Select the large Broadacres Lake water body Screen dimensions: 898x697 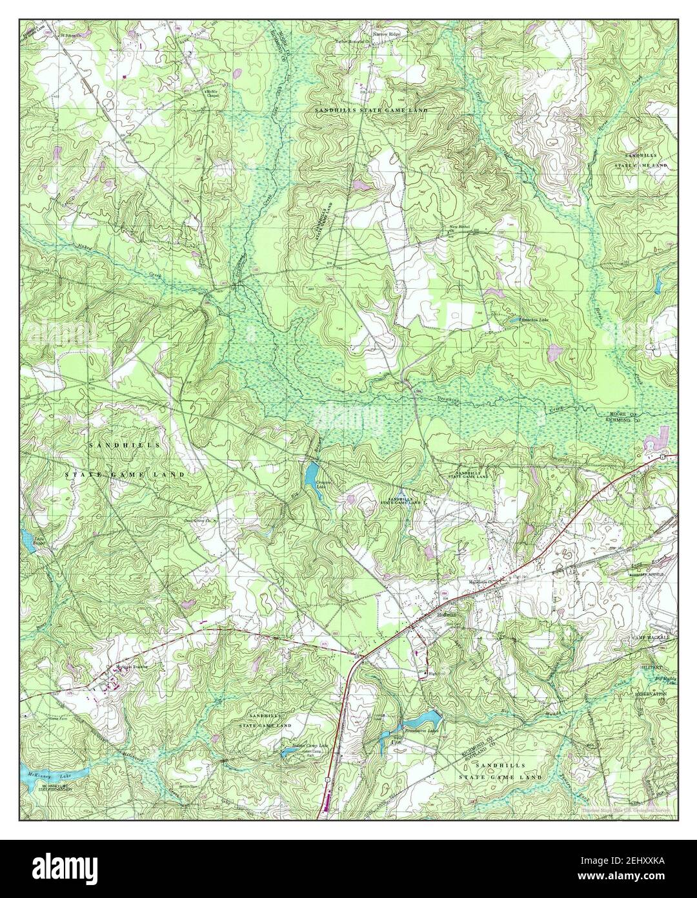pyautogui.click(x=423, y=718)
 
